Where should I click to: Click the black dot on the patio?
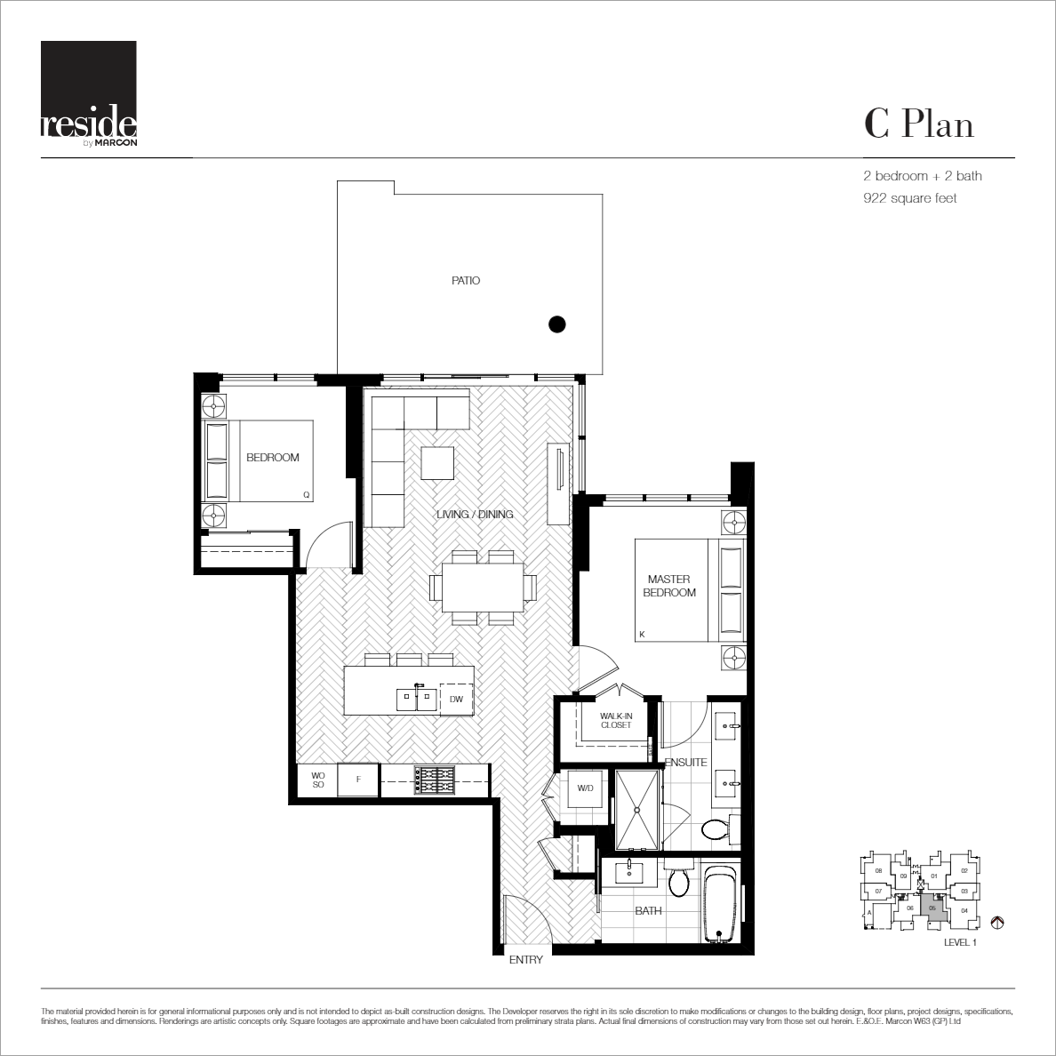pos(556,324)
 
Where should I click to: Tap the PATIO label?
pos(465,281)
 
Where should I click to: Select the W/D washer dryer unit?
pos(585,788)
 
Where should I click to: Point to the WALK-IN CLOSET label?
pos(615,720)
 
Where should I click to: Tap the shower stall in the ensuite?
pos(638,810)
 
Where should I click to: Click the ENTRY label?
pos(525,960)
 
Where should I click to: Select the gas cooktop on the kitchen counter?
pos(435,780)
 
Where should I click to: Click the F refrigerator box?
pos(358,780)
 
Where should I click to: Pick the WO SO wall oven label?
pos(317,780)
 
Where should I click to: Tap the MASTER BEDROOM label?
pos(668,586)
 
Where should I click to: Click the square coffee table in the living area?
pos(437,462)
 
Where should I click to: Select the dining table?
pos(484,588)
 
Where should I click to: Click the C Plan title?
pos(918,124)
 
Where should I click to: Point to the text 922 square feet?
pos(904,198)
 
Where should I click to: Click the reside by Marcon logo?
pos(88,92)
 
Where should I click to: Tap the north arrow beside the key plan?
pos(996,923)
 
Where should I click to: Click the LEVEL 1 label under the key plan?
pos(959,943)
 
